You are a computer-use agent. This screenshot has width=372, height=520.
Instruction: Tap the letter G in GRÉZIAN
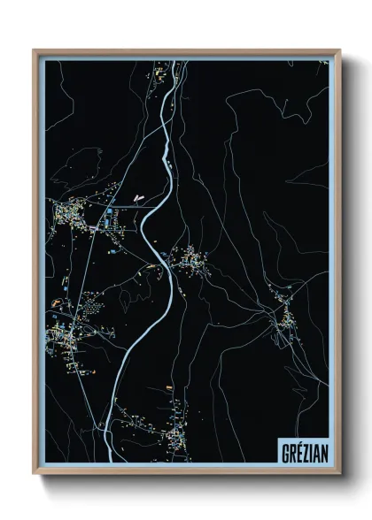[x=283, y=449]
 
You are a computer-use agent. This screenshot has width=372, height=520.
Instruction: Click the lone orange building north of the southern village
[x=168, y=386]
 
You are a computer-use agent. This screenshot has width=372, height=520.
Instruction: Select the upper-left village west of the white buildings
[x=84, y=212]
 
